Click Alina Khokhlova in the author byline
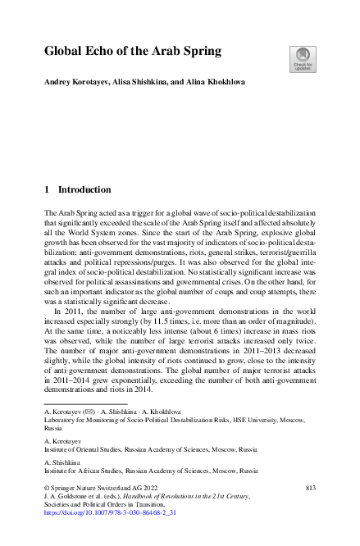coord(212,83)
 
